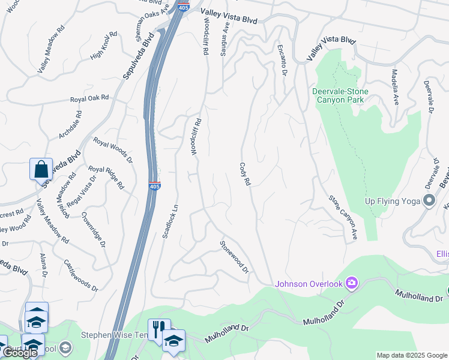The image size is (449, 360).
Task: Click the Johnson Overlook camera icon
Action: (x=352, y=283)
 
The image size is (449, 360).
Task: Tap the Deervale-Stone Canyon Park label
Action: (x=340, y=95)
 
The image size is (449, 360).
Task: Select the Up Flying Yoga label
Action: (x=392, y=200)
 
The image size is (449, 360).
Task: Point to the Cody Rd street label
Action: (x=244, y=174)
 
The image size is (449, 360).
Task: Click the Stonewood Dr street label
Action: (x=234, y=257)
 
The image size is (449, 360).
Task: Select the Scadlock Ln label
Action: (x=170, y=222)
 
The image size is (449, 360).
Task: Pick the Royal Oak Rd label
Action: (x=89, y=98)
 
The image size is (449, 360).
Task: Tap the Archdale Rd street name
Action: (x=70, y=125)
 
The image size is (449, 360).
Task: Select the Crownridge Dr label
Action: (x=93, y=226)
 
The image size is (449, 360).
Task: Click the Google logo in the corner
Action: (x=20, y=353)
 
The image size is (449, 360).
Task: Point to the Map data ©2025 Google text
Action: (x=411, y=355)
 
